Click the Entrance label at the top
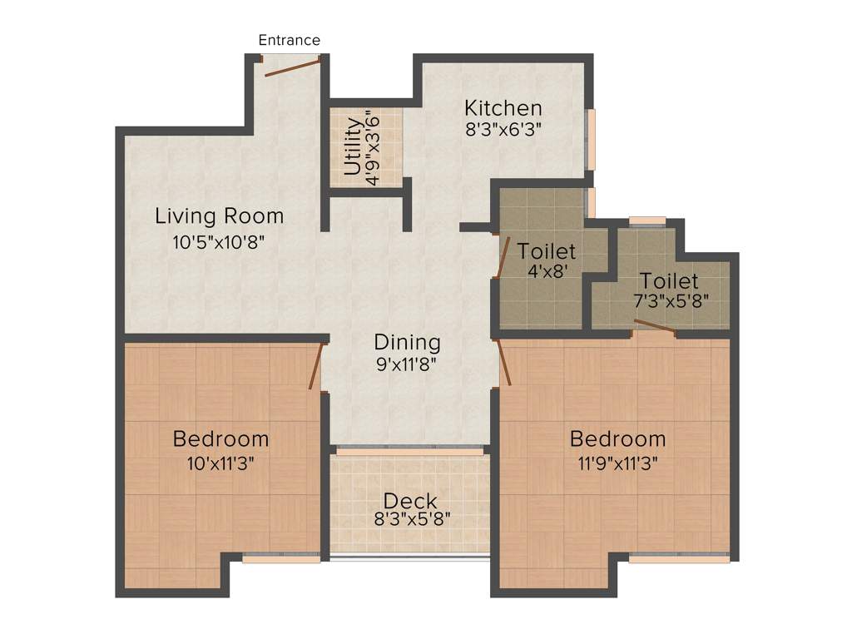[x=289, y=40]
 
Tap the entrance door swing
[x=292, y=67]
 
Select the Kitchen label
[x=503, y=108]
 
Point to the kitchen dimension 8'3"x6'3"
[x=503, y=129]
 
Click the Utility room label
[x=353, y=146]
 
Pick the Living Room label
[x=220, y=216]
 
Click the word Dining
[x=407, y=342]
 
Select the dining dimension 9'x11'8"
[x=406, y=364]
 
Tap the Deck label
[x=410, y=502]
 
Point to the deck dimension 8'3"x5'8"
[x=413, y=519]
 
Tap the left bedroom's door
[x=315, y=366]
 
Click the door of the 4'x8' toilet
[x=503, y=257]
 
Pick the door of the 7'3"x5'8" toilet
[x=655, y=325]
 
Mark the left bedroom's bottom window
[x=281, y=559]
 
